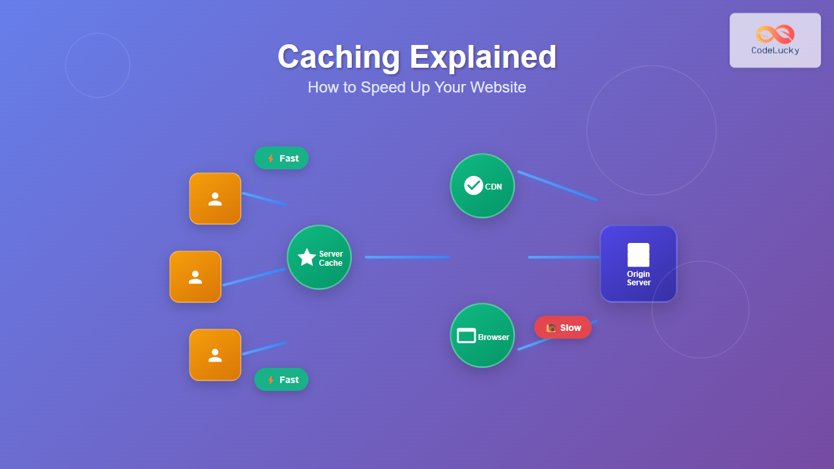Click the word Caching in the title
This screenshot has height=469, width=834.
[x=338, y=57]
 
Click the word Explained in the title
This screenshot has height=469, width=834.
[x=483, y=57]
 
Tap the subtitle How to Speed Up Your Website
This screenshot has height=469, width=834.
[x=417, y=87]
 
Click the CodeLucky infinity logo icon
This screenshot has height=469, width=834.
[x=775, y=34]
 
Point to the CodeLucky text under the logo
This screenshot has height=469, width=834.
[x=775, y=50]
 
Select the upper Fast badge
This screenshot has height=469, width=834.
[x=281, y=158]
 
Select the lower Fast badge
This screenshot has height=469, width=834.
[x=281, y=380]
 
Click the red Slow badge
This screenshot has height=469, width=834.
[x=563, y=328]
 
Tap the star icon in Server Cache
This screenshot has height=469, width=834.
[x=307, y=257]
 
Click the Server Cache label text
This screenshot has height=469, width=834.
[x=331, y=259]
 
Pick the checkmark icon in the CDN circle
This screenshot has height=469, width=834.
[x=474, y=186]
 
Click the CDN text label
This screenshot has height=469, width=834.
[x=493, y=187]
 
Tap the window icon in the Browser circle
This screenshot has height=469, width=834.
[x=467, y=336]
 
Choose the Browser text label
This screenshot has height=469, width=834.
[x=494, y=337]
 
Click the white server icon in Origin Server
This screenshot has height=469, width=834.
[x=639, y=255]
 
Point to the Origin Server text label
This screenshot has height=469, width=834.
[x=639, y=279]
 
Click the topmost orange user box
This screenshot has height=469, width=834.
[x=215, y=199]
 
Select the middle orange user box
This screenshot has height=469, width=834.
[x=195, y=277]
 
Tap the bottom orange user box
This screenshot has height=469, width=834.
[x=215, y=355]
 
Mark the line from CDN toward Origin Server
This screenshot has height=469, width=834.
[x=557, y=186]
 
